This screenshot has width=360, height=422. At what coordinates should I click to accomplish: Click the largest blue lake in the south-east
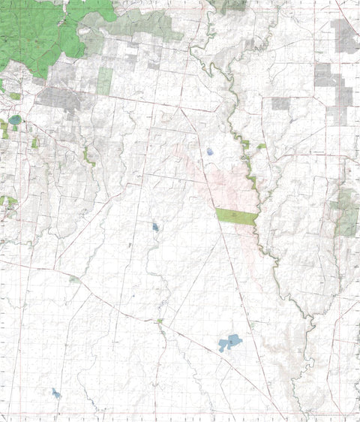point(230,343)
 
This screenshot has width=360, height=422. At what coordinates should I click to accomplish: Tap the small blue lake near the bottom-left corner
point(56,393)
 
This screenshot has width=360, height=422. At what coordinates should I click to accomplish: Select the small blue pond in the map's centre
point(155,226)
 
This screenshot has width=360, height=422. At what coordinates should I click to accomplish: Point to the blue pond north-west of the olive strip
point(209,152)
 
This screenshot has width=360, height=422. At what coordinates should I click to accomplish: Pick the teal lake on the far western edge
point(14,120)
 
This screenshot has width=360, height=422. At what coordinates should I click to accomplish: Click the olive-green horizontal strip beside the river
point(236,216)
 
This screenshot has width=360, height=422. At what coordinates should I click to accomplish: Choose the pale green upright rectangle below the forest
point(104,80)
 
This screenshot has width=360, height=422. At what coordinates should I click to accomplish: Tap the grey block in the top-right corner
point(346,36)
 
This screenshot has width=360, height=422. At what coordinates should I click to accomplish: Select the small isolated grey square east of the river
point(280,104)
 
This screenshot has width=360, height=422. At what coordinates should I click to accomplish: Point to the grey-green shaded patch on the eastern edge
point(346,212)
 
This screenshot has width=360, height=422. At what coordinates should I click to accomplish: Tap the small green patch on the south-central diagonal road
point(160,321)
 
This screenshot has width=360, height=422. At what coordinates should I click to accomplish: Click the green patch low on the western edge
point(7,201)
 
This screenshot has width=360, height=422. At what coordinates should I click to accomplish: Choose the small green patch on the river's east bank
point(261,146)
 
